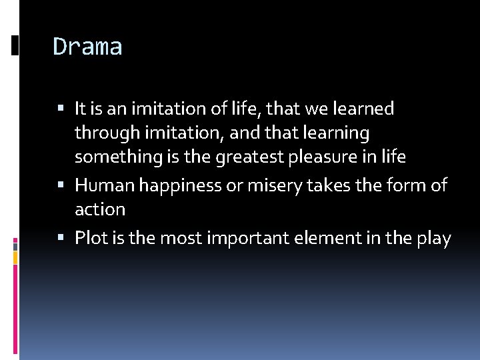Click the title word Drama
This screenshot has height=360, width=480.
point(87,47)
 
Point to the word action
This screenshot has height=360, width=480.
point(100,210)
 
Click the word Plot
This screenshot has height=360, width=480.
point(91,238)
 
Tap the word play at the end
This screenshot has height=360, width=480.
point(433,239)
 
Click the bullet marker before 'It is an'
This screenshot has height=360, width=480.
point(62,107)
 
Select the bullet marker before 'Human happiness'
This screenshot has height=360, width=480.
point(62,185)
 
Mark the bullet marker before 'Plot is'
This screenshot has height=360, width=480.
point(62,237)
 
